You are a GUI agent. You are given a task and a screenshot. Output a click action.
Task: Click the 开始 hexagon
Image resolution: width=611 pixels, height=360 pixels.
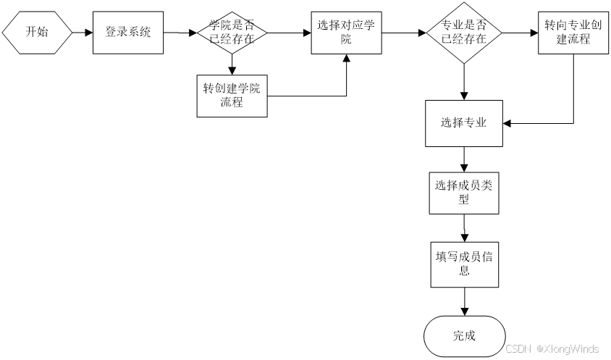coord(37,32)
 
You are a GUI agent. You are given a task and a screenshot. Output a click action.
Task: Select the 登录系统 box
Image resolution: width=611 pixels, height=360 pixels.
coord(127,32)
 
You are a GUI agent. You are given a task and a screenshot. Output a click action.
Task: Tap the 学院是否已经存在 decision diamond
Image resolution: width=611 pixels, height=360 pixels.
coord(232,32)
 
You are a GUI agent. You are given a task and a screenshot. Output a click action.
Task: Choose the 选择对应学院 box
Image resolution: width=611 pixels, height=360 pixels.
coord(346,32)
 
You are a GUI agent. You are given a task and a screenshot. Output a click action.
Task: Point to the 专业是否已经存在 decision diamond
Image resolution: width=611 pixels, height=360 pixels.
coord(463,32)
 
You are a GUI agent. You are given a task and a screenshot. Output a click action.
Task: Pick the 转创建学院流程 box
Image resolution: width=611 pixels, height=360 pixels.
coord(232,95)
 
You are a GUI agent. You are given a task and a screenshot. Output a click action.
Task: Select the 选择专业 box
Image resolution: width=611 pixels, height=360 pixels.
coord(463,122)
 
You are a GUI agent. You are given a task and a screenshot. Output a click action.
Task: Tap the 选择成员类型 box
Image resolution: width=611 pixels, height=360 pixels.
coord(463,192)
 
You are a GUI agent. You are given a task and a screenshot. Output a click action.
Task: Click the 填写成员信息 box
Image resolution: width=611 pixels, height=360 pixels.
coord(463,264)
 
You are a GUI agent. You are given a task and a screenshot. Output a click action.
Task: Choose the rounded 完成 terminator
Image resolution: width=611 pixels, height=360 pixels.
coord(463,335)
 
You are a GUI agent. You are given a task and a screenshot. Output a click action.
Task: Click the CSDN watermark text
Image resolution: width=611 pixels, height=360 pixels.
coord(518,348)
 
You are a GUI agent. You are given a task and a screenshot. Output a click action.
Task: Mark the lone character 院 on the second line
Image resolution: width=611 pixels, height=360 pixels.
coord(346,40)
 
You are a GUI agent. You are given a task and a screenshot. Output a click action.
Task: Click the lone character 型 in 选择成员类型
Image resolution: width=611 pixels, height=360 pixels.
coord(463,200)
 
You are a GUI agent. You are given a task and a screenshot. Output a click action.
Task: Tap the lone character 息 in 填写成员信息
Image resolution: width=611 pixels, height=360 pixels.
coord(463,272)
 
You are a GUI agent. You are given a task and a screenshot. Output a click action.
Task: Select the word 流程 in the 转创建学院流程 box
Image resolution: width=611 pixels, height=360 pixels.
coord(232,102)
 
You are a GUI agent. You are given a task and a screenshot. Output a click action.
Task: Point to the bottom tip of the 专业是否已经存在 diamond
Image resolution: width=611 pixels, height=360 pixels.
coord(463,62)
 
